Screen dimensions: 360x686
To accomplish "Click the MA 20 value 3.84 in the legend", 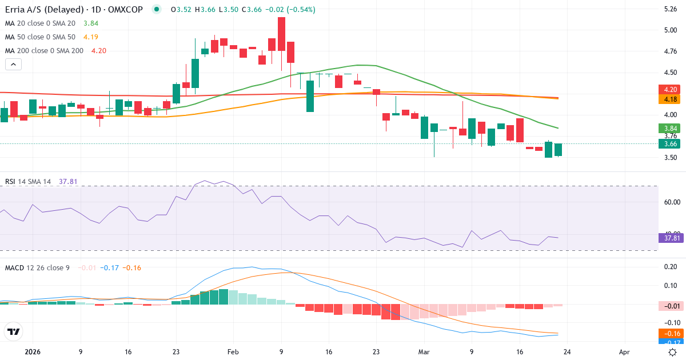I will [x=91, y=23].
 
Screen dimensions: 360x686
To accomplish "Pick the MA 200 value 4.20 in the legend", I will [x=99, y=50].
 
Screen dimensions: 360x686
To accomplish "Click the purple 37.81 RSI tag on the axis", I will [x=671, y=238].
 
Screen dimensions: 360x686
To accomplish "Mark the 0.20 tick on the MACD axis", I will [x=671, y=267].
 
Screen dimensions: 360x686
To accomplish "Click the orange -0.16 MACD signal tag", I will [x=671, y=334].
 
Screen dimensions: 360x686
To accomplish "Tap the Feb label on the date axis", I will [x=233, y=352].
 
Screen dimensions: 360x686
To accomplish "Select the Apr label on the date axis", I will [x=624, y=352].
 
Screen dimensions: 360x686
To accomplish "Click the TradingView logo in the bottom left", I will [x=14, y=331].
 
